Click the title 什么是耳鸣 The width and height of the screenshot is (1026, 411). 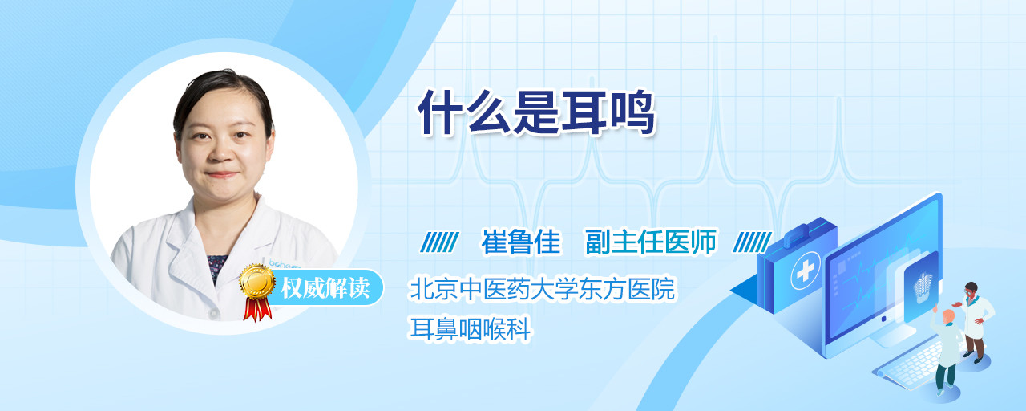[x=536, y=112]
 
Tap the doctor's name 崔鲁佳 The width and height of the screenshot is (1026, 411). [x=521, y=242]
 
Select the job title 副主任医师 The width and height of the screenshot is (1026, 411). [x=651, y=242]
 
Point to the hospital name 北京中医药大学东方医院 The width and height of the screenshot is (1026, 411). [x=542, y=289]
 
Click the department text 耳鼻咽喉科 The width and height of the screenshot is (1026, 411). [x=470, y=329]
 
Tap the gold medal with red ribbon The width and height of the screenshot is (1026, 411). [x=257, y=292]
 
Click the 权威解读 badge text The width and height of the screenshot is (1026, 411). [x=325, y=288]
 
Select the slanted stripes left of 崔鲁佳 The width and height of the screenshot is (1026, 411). [x=440, y=242]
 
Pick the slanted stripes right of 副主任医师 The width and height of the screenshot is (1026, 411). [x=752, y=242]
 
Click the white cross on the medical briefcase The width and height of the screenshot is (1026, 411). [x=806, y=271]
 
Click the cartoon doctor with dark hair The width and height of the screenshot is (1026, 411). [x=975, y=322]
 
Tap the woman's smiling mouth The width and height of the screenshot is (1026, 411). [x=222, y=175]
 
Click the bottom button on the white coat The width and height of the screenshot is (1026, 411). [x=212, y=313]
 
